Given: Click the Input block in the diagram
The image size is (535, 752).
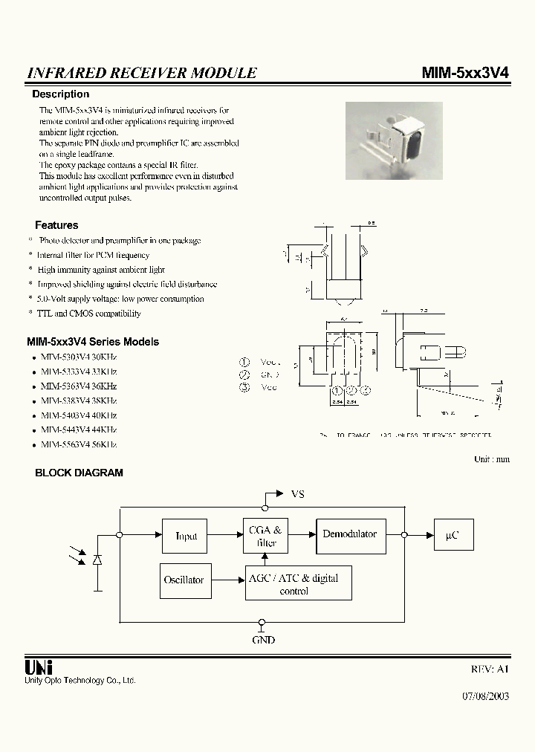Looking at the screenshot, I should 186,536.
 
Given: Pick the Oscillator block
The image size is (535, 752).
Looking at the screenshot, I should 184,580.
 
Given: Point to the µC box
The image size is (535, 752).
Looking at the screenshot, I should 453,535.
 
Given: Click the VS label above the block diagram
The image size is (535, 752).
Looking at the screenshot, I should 297,494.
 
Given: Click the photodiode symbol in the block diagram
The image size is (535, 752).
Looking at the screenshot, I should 97,559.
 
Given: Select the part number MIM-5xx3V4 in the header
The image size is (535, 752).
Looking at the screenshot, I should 464,73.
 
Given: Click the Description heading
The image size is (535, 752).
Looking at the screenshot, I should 60,94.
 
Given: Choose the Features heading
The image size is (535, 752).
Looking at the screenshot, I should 56,225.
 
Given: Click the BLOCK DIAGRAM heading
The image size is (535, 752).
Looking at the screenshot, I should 80,473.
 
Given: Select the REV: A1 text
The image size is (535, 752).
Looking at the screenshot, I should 490,669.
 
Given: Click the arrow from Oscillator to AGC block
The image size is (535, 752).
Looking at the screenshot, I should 226,580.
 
